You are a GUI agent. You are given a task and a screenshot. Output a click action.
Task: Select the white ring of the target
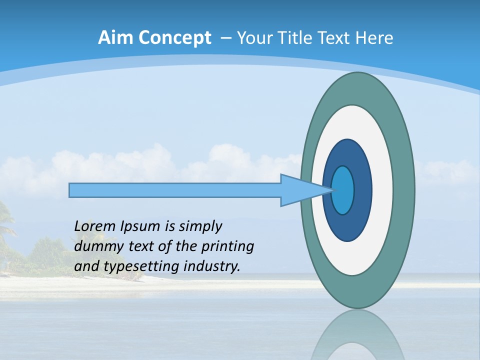[x=382, y=190]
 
